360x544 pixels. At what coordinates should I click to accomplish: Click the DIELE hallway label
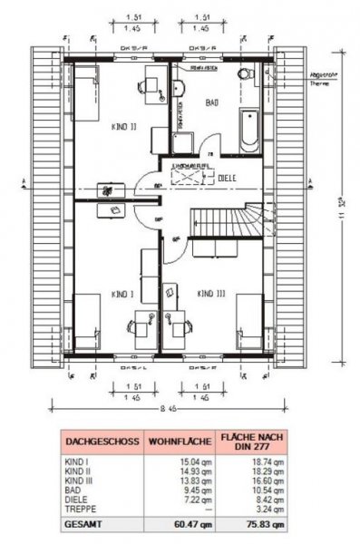(x=227, y=179)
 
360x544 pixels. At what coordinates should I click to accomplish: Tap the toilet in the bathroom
(x=242, y=76)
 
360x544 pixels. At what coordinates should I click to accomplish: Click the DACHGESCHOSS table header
(x=102, y=442)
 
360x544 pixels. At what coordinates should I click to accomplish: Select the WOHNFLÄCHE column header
(x=177, y=442)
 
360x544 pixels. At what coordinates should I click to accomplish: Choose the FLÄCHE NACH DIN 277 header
(x=248, y=442)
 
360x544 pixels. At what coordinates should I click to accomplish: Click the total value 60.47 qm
(x=178, y=523)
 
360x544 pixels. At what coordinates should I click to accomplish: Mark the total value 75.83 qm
(x=257, y=523)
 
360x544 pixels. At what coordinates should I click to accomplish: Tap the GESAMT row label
(x=84, y=523)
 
